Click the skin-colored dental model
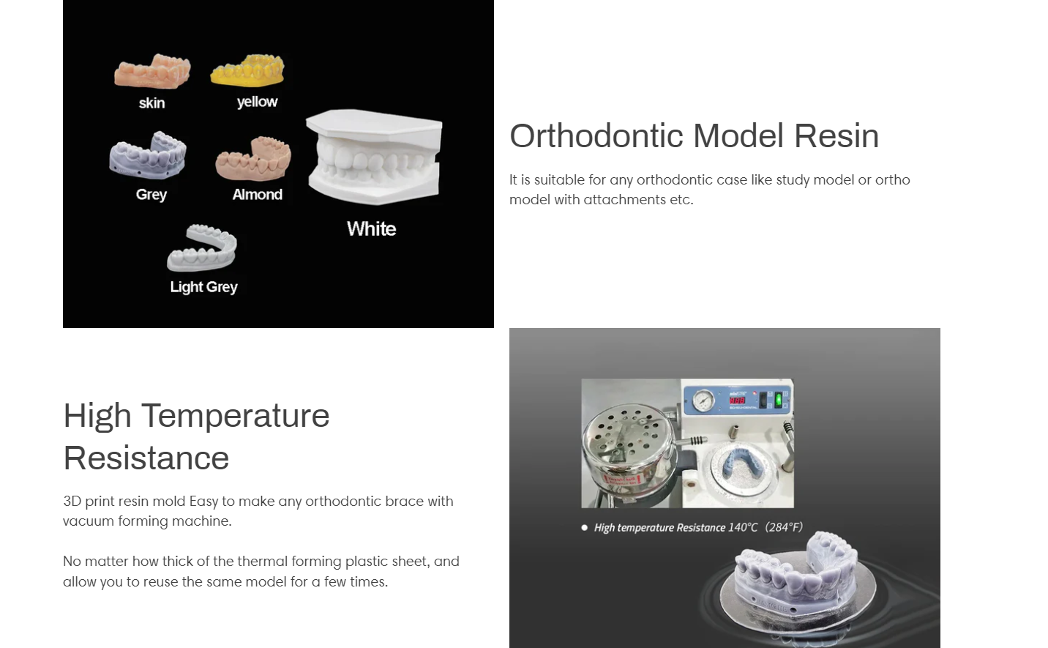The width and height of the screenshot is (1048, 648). coord(152,71)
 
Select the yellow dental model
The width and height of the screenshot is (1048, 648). coord(247,71)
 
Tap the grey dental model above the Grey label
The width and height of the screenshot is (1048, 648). coord(148,156)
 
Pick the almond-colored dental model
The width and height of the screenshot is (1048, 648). coord(253,159)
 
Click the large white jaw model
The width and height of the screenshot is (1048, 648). coord(374,157)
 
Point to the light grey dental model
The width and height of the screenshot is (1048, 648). coord(202,248)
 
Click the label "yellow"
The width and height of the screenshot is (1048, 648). coord(257,102)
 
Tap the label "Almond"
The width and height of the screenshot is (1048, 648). coord(258,194)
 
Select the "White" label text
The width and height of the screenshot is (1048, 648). coord(372,229)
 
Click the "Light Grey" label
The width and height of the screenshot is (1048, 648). coord(203,287)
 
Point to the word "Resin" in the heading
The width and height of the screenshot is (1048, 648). coord(836,135)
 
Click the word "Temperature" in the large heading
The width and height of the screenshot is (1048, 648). coord(236,415)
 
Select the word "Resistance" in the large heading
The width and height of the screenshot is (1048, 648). coord(146,458)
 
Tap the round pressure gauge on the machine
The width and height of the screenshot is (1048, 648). coord(703,401)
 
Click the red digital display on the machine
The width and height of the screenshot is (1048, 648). coord(738,401)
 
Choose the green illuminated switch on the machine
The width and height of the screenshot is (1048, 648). coord(779,400)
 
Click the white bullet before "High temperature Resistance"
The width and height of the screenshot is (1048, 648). coord(584,528)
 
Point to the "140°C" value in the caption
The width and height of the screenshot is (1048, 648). coord(743,528)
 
